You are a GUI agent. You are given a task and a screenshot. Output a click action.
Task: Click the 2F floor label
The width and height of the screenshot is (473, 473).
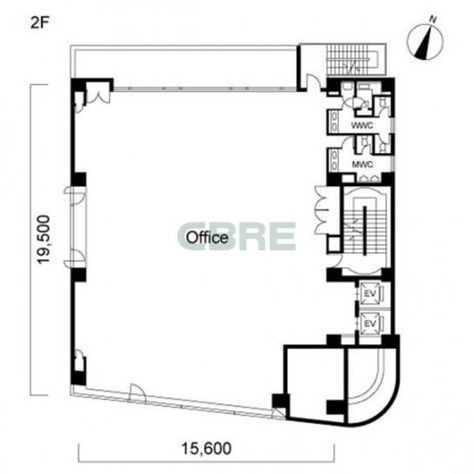pos(39,23)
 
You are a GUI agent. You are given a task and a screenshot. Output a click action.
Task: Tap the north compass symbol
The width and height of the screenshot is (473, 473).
pos(425,42)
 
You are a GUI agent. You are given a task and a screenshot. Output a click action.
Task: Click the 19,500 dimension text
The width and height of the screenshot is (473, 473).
pos(43,239)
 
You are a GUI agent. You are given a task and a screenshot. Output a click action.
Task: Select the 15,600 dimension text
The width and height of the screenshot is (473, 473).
pos(206,449)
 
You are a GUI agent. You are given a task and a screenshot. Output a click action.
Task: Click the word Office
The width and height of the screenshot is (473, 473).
pos(207,237)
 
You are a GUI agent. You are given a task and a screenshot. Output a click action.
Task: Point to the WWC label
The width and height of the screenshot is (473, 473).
pos(362,125)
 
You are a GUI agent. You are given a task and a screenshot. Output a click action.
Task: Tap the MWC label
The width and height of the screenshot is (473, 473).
pos(363,164)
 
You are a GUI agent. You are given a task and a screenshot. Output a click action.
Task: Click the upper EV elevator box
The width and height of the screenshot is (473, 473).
pos(370,294)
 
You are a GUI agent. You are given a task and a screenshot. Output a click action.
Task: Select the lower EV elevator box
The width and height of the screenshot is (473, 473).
pos(370,323)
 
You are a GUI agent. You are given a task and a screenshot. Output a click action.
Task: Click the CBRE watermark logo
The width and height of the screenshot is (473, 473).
pos(236,236)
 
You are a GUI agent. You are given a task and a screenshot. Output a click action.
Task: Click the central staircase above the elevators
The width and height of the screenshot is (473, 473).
pos(364,230)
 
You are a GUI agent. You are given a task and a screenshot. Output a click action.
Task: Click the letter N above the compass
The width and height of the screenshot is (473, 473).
pos(433,20)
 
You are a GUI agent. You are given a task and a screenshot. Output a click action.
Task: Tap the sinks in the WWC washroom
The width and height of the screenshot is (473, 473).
pos(334,122)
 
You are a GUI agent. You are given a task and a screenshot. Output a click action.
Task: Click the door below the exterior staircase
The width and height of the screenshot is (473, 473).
pos(314,82)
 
